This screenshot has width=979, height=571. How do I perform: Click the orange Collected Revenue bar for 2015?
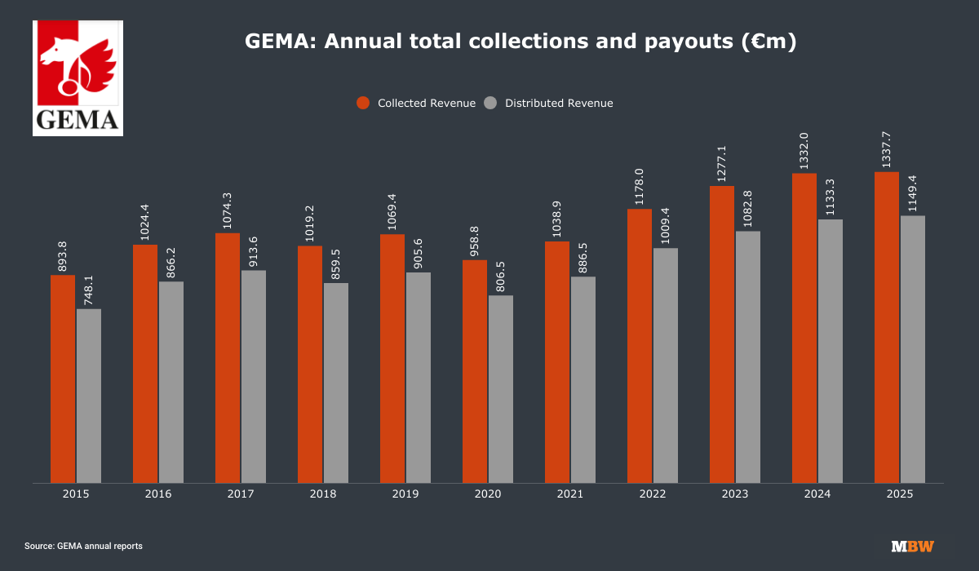(x=63, y=378)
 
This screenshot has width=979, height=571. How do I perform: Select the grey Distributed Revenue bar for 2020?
(x=501, y=388)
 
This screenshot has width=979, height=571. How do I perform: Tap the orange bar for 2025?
(x=887, y=327)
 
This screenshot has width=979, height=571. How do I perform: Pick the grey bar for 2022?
(x=666, y=365)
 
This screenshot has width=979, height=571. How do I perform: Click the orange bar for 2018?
(x=310, y=364)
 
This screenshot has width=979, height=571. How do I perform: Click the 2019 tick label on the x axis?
(x=405, y=494)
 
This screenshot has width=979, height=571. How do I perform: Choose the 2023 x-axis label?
(x=735, y=494)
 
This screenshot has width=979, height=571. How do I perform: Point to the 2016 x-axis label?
(x=158, y=494)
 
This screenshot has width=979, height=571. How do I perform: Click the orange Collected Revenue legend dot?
(x=363, y=103)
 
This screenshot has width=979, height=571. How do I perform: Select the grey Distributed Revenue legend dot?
(x=490, y=103)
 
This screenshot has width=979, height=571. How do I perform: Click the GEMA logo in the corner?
(x=78, y=78)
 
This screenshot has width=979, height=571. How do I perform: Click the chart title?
(x=521, y=42)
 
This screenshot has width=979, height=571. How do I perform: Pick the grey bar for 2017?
(x=254, y=376)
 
